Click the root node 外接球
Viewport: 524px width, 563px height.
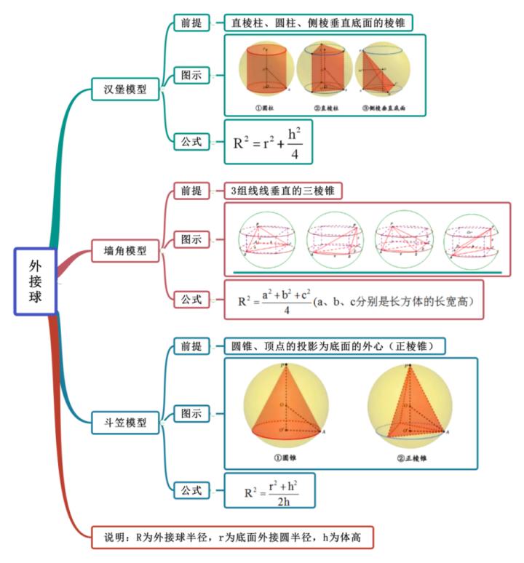pyautogui.click(x=35, y=281)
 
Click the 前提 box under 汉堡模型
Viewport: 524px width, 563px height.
pyautogui.click(x=191, y=23)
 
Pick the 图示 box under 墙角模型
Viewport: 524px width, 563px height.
pyautogui.click(x=191, y=239)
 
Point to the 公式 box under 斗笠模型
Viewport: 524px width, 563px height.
pyautogui.click(x=191, y=490)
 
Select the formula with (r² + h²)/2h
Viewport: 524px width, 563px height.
pyautogui.click(x=271, y=491)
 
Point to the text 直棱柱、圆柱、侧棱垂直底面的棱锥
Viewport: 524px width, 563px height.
pyautogui.click(x=317, y=23)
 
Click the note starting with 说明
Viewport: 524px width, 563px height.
pyautogui.click(x=234, y=538)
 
